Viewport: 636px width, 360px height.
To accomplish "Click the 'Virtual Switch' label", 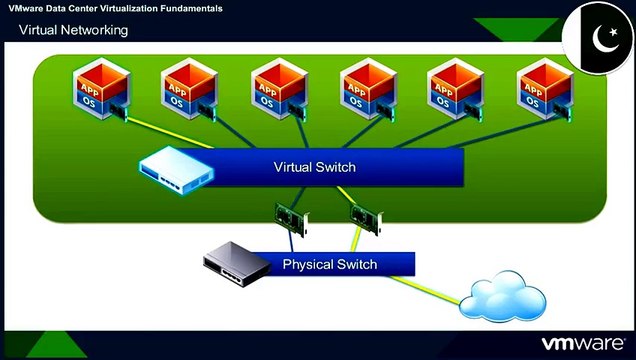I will pyautogui.click(x=314, y=166).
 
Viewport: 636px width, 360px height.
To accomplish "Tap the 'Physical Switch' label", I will pyautogui.click(x=330, y=265).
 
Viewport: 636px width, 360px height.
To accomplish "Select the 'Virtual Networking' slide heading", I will pyautogui.click(x=74, y=30).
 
